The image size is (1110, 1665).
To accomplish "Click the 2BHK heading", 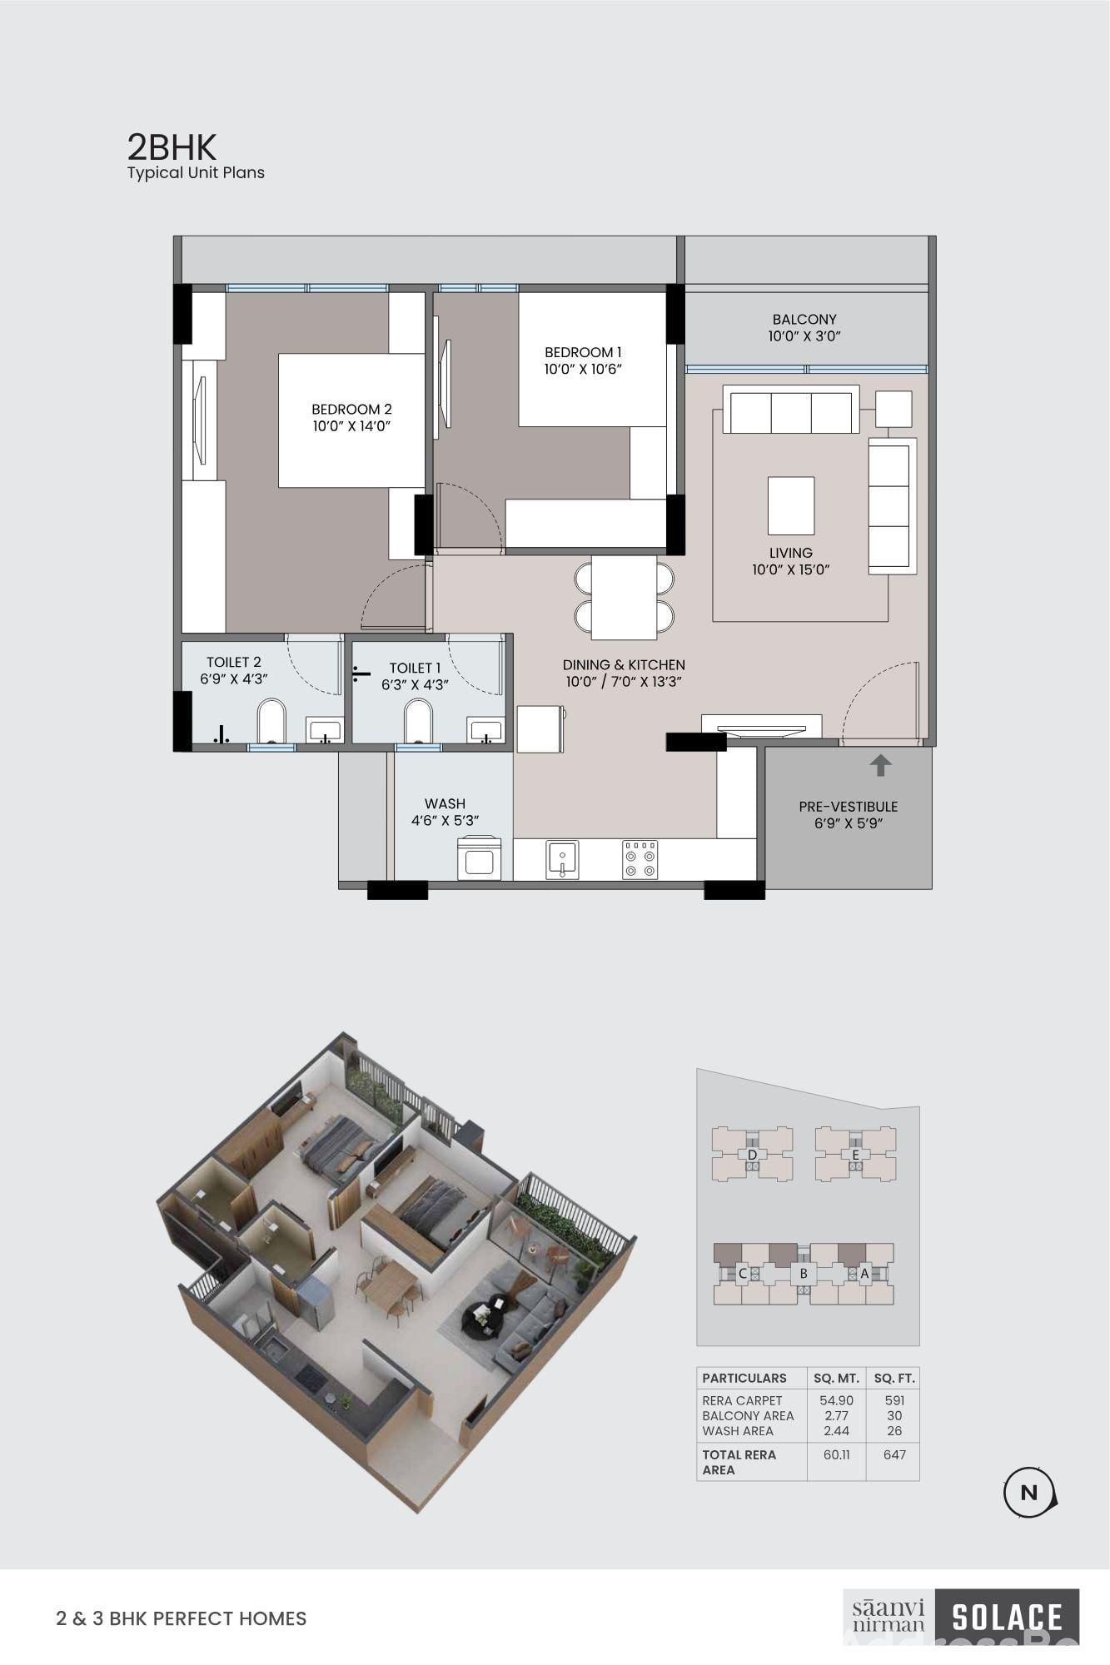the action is [172, 147].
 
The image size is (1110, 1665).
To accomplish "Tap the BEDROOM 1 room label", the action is [583, 352].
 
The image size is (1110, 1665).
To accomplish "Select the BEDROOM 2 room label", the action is [351, 409].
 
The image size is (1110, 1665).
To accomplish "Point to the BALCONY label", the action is [804, 319].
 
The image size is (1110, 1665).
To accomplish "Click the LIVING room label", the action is [791, 553].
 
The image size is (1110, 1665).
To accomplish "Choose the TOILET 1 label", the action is [415, 668].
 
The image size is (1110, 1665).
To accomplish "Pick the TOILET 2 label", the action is [234, 662].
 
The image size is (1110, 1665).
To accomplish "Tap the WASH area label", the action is [445, 803].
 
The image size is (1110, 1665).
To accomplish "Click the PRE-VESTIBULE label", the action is [849, 806].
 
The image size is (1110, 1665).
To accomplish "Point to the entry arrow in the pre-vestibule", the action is [880, 765].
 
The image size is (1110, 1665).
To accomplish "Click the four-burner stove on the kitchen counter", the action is [640, 859].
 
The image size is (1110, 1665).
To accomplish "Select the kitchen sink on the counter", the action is [562, 859].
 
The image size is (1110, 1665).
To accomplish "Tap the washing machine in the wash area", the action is [479, 858].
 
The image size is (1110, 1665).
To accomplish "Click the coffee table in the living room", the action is [791, 505].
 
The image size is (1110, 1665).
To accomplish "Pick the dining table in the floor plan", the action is [624, 597].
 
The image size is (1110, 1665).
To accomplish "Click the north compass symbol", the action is [1030, 1493].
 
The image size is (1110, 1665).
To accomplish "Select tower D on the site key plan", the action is [752, 1154].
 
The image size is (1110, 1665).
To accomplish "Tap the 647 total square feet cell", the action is [894, 1455].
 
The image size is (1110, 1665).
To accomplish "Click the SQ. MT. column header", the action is [836, 1378].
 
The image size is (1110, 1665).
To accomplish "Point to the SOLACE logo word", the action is [1007, 1618].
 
